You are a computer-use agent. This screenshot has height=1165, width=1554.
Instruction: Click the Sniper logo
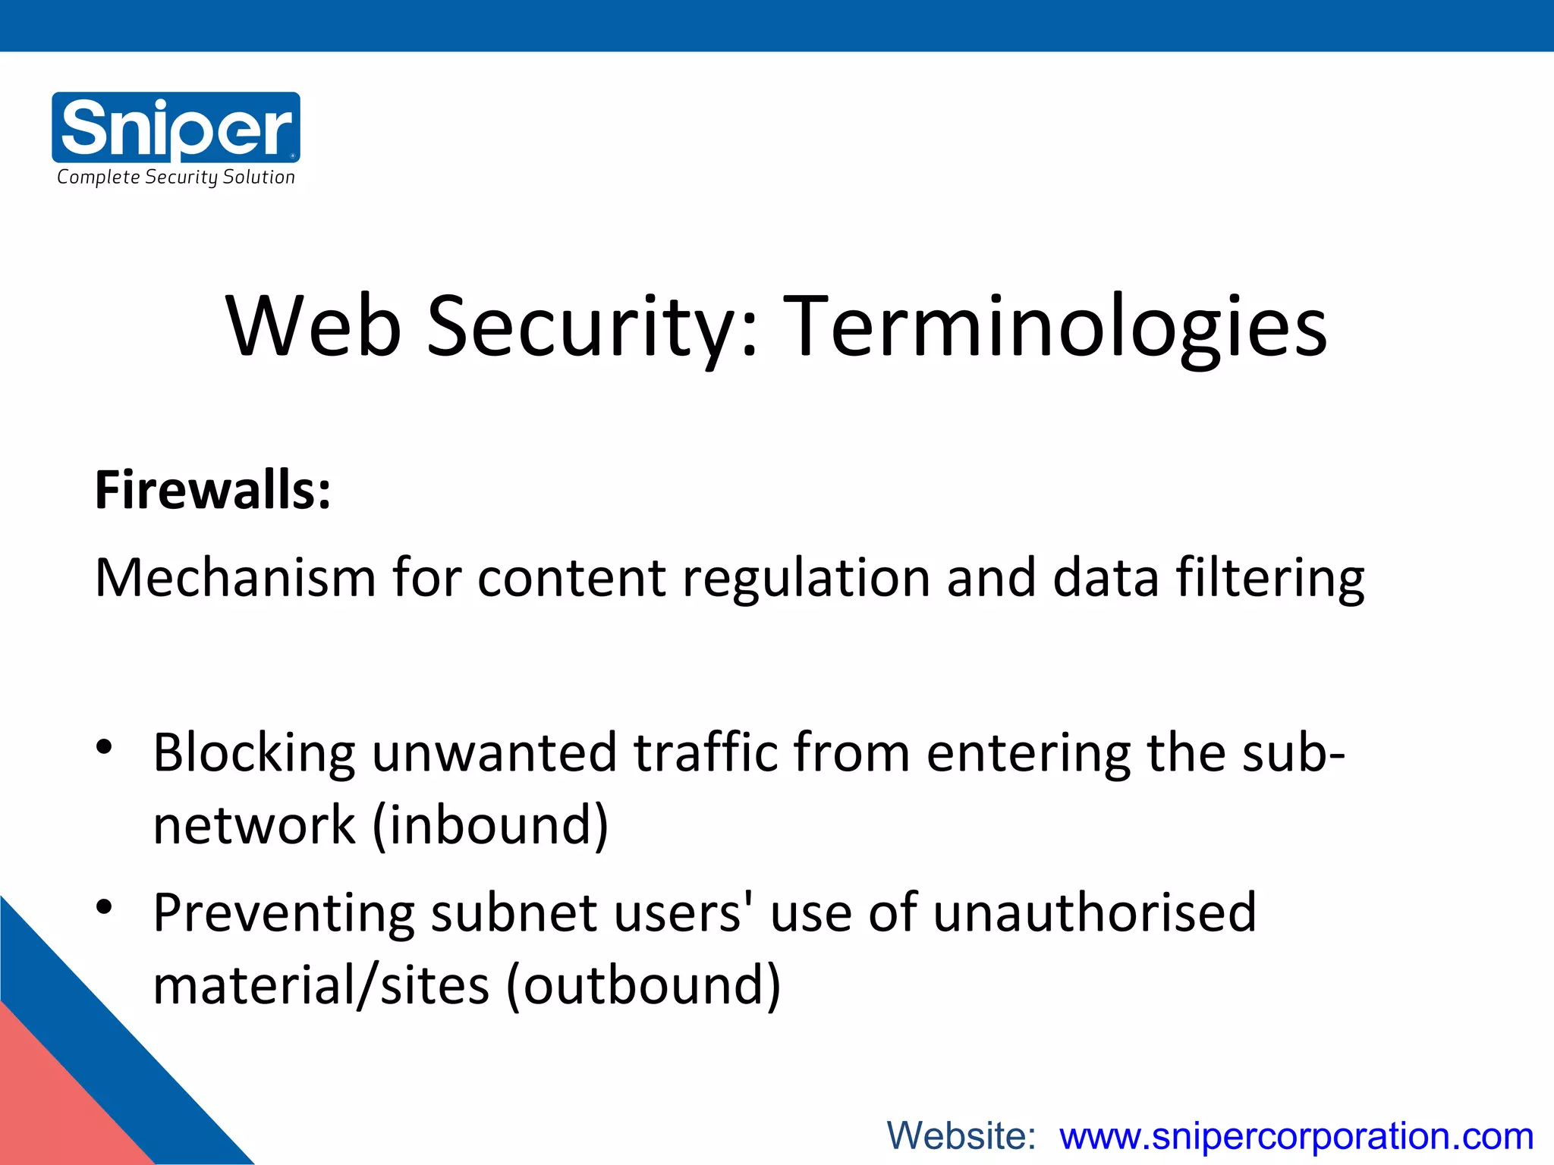coord(176,127)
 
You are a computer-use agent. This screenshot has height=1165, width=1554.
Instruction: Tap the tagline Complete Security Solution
coord(176,177)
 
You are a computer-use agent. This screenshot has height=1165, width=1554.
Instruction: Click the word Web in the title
coord(313,326)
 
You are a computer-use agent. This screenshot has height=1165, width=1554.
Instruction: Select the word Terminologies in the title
coord(1055,328)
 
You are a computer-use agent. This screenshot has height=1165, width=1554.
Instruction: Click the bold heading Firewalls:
coord(212,491)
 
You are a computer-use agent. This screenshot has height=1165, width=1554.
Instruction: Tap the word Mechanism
coord(235,578)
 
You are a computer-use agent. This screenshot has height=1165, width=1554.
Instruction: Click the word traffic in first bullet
coord(706,752)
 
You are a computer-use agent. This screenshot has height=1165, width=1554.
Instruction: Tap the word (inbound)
coord(490,825)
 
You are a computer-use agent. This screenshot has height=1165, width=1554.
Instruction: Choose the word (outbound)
coord(643,985)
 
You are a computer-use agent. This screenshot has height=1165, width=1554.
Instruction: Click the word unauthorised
coord(1094,912)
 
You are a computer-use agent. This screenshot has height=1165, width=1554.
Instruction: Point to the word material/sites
coord(321,985)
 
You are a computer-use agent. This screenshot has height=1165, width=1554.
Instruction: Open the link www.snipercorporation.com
coord(1296,1136)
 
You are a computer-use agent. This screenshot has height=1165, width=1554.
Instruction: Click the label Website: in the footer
coord(961,1136)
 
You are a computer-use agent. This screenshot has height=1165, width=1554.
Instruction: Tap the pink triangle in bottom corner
coord(53,1107)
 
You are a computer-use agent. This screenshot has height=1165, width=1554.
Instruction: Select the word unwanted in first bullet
coord(494,752)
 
